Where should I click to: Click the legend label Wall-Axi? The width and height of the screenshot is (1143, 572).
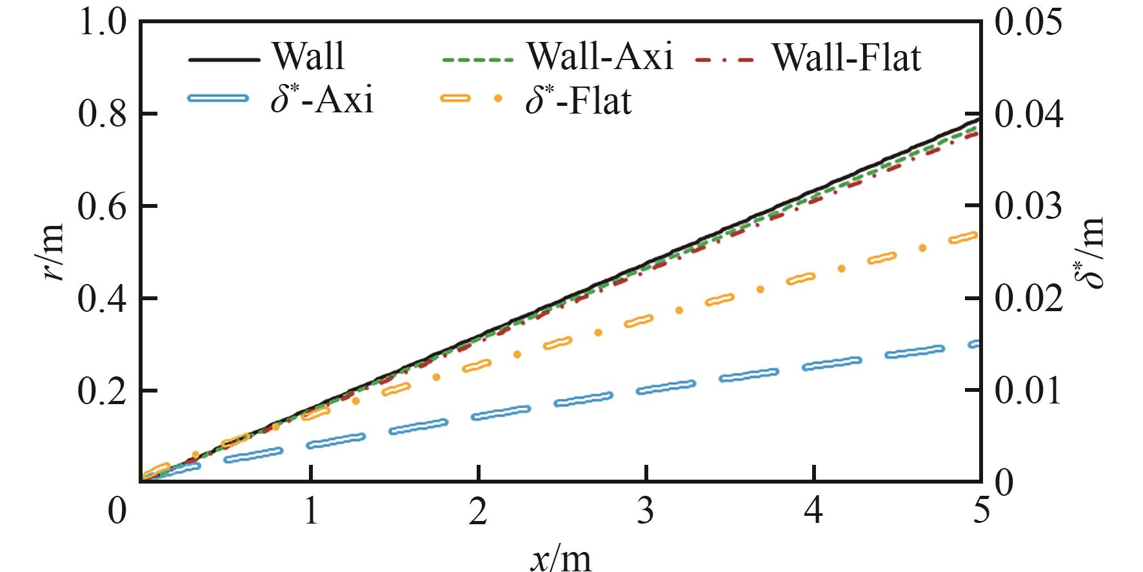coord(600,57)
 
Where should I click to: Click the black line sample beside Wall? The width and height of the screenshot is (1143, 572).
coord(224,59)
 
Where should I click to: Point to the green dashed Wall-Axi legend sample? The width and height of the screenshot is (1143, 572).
coord(477,59)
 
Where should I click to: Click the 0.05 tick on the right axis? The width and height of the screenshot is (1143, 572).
coord(1028,23)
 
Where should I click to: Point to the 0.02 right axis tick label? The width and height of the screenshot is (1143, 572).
coord(1028,299)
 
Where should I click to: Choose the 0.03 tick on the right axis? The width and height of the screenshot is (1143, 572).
coord(1028,207)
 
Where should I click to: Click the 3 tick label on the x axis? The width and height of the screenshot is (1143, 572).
coord(646,512)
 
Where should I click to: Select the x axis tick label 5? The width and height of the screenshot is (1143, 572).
coord(980,512)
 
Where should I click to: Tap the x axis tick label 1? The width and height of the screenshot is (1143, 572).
coord(311,512)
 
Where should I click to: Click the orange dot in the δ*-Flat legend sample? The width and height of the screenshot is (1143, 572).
coord(497,99)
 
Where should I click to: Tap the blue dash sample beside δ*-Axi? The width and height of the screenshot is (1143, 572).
coord(217,99)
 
